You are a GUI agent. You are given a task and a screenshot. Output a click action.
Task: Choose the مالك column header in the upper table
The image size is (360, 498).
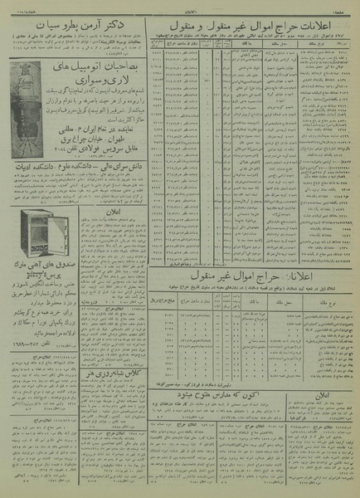[246, 52]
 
